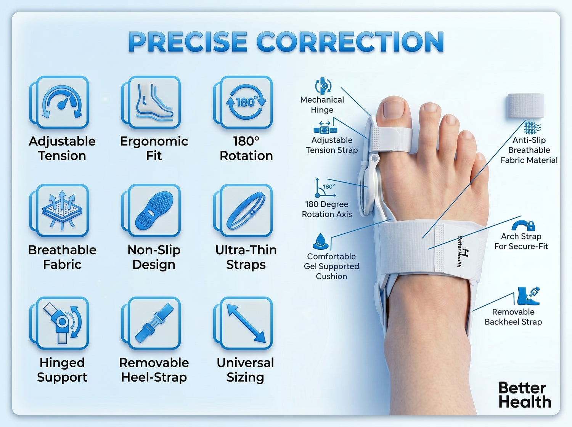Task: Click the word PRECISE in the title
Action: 188,42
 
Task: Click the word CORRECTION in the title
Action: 350,42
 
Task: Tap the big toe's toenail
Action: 394,110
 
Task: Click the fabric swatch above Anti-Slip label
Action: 525,106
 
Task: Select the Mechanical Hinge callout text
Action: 322,105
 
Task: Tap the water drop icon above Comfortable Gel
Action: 321,241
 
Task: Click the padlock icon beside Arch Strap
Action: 531,226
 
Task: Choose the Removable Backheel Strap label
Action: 513,317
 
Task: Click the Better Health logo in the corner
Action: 525,395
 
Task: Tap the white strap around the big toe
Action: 391,140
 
